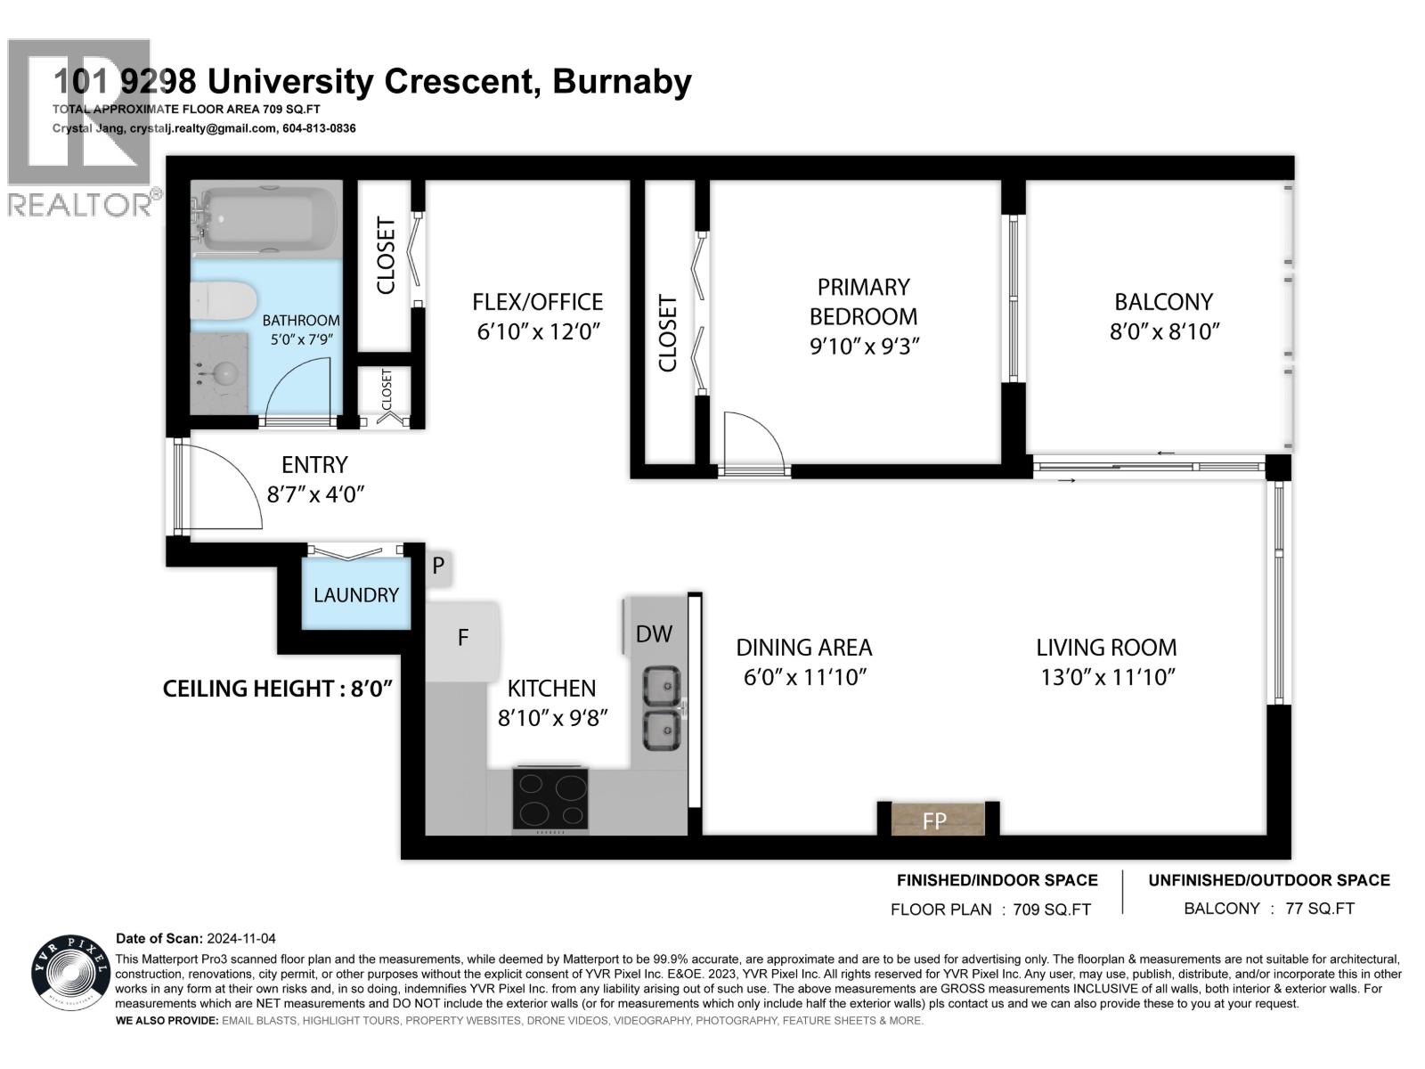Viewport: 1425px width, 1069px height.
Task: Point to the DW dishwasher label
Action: tap(654, 634)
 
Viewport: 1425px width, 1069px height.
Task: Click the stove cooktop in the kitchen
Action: tap(550, 799)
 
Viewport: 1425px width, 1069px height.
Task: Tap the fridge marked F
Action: tap(462, 638)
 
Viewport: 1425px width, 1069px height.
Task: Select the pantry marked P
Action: tap(438, 566)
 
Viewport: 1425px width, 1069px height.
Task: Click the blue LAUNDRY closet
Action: tap(356, 593)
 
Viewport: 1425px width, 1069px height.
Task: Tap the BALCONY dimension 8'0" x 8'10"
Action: tap(1163, 332)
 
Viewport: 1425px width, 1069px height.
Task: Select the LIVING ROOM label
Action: tap(1106, 648)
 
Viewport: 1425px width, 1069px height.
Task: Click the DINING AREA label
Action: tap(803, 648)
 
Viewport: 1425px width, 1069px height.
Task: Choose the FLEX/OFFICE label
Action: tap(537, 302)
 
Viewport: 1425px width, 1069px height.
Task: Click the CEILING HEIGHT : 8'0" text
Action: tap(278, 689)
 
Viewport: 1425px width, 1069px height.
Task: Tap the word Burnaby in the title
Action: tap(622, 82)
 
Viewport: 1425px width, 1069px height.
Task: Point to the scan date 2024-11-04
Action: tap(240, 939)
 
